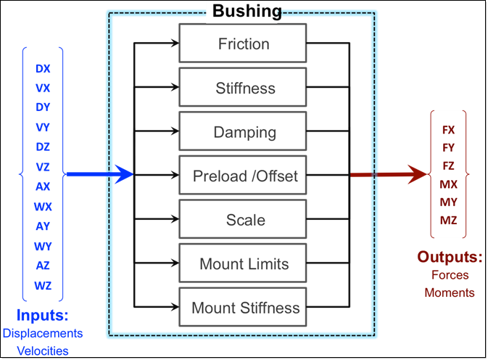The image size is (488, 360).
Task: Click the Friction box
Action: point(244,44)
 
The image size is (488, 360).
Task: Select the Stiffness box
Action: point(244,89)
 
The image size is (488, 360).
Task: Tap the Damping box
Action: point(244,133)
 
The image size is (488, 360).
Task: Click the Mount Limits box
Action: point(244,264)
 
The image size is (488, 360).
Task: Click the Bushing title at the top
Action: point(247,11)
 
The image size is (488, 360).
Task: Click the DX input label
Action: point(43,69)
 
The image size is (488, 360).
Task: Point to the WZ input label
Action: point(43,285)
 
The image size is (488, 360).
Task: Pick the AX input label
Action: point(43,187)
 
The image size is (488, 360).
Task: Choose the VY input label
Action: point(43,128)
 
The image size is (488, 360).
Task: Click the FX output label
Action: point(448,130)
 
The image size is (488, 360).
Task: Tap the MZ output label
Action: point(448,220)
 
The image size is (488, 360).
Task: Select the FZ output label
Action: point(448,166)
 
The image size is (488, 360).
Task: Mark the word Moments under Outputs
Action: point(450,292)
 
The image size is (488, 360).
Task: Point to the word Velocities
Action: point(43,351)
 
